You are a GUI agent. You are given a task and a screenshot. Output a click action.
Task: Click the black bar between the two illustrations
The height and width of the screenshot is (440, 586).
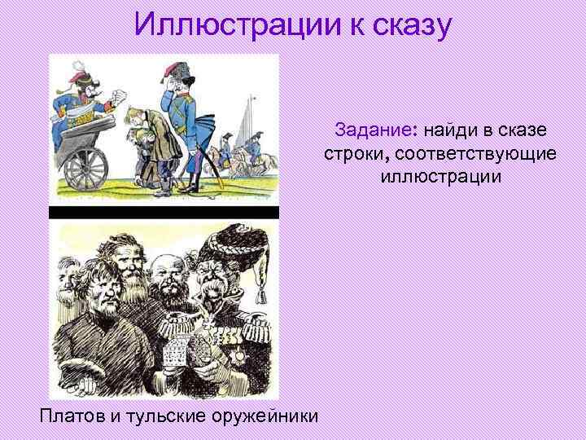[164, 213]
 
